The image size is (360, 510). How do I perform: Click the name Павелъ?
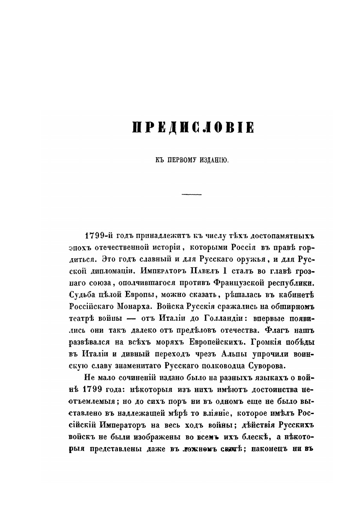(201, 270)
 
